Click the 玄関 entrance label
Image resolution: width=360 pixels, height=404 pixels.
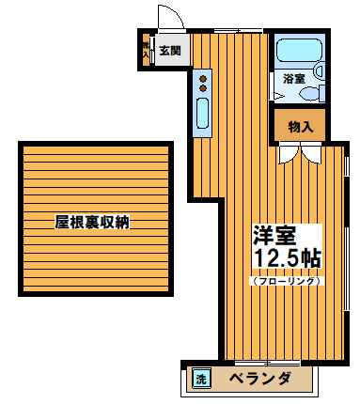pos(169,50)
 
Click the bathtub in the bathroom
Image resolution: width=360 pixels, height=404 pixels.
pos(299,53)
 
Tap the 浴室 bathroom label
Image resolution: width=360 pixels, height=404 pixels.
pos(294,79)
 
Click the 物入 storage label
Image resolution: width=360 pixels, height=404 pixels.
pos(300,125)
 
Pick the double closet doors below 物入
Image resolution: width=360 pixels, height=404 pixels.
pos(300,152)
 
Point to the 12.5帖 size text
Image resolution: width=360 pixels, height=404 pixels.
pos(286,258)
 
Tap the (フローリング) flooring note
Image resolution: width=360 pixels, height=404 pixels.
pos(287,280)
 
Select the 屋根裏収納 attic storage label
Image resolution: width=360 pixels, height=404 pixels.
pos(91,223)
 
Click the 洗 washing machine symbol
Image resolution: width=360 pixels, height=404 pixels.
pos(200,380)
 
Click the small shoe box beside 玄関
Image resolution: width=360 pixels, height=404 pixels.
pos(145,51)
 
